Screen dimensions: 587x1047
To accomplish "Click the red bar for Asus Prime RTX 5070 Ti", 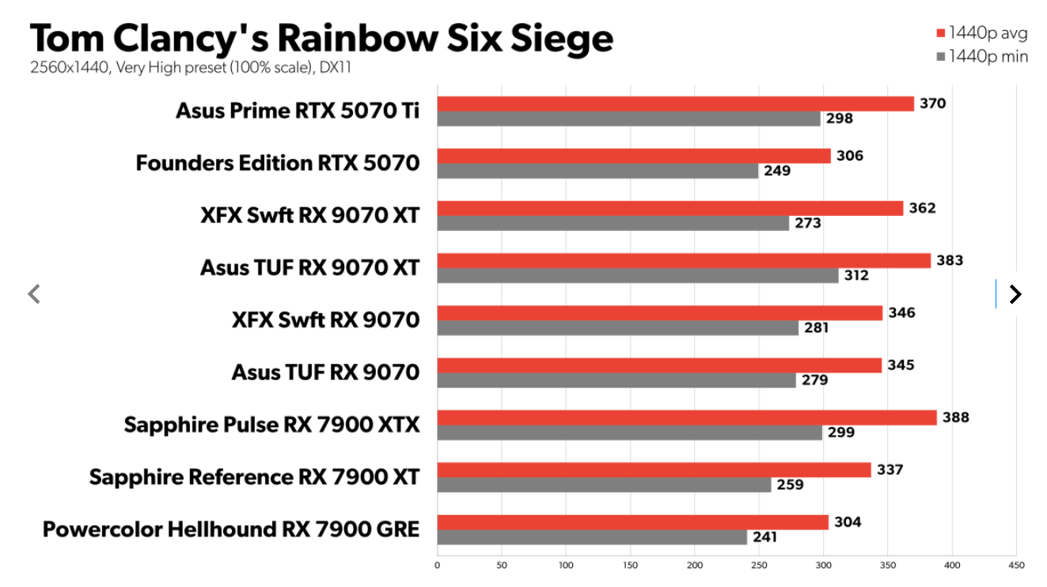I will point(675,104).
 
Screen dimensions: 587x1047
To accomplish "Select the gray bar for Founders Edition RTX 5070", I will point(597,171).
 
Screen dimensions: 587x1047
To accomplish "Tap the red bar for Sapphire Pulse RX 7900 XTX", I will point(687,418).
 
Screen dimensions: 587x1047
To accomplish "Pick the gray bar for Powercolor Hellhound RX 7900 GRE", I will point(592,537).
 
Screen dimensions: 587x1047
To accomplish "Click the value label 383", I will point(950,260).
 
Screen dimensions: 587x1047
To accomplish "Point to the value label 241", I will point(764,537).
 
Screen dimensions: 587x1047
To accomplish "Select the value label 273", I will point(808,223).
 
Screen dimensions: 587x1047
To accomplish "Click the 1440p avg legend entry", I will point(981,33).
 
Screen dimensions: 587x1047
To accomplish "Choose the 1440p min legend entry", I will point(981,56).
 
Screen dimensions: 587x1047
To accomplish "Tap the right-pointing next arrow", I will point(1015,294).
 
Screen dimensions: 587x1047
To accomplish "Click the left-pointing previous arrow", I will point(33,294).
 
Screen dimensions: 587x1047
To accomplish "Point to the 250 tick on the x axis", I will point(759,566).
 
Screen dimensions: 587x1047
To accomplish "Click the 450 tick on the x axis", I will point(1016,566).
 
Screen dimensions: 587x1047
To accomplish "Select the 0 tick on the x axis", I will point(438,566).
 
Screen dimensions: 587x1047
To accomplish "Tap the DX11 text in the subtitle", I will point(336,68).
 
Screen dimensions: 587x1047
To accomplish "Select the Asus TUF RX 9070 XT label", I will point(309,267).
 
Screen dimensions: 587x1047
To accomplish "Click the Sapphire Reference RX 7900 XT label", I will point(254,477).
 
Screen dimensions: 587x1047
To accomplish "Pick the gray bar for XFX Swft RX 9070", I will point(618,328).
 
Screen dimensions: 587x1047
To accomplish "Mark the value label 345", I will point(901,365).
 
